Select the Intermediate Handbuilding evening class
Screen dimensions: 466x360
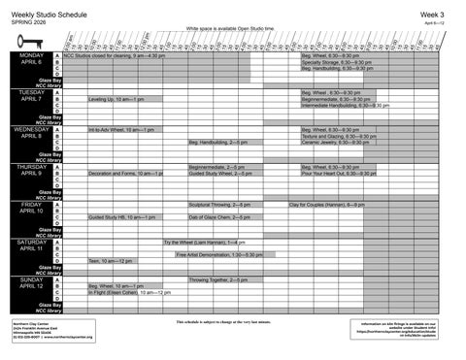345,105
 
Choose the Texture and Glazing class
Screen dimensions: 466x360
338,136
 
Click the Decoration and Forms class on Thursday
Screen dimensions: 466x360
124,173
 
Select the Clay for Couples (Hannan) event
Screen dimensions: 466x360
326,205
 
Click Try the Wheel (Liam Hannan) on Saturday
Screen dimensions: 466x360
204,242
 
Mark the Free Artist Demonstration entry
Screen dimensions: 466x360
219,254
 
